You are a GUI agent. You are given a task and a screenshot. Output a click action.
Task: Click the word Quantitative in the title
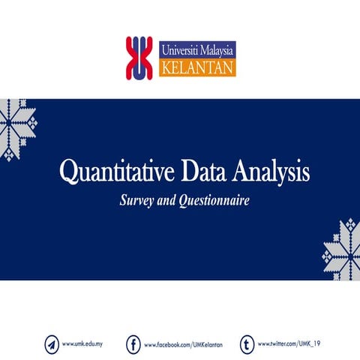tap(112, 173)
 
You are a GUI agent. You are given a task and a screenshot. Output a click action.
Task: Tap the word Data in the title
tap(199, 172)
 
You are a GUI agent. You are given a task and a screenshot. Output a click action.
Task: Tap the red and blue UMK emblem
tap(139, 58)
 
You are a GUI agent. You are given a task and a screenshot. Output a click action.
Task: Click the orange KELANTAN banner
tap(197, 68)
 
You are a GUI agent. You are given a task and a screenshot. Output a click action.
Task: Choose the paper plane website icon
tap(51, 344)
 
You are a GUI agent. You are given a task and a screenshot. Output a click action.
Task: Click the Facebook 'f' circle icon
tap(133, 344)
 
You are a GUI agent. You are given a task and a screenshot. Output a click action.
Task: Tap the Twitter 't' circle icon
tap(247, 344)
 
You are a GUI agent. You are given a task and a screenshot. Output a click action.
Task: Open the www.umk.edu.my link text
tap(82, 344)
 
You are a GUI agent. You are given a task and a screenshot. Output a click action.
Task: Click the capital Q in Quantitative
tap(68, 173)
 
